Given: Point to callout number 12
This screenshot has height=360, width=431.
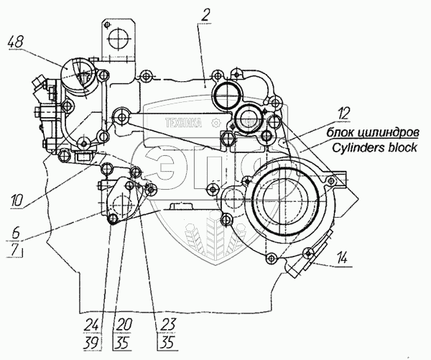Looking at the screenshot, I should (x=346, y=112).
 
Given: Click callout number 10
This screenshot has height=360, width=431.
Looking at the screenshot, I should (x=16, y=199).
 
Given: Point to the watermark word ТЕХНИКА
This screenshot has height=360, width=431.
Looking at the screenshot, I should (x=180, y=123).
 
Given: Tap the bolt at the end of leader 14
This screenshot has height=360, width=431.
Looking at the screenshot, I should (x=308, y=251).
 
